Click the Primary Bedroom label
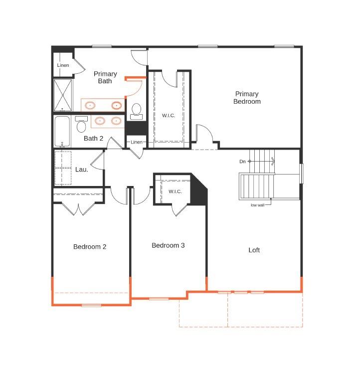(247, 98)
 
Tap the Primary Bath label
(105, 78)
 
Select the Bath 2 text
(94, 139)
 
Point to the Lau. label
(82, 170)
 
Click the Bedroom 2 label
(90, 247)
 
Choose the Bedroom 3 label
(168, 245)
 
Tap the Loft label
(254, 250)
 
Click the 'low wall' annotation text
(258, 205)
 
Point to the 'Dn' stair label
(242, 161)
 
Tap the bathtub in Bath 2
(62, 132)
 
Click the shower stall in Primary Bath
(63, 96)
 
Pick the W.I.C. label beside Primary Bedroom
(169, 116)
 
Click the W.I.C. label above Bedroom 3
(175, 191)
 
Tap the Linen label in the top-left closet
(63, 65)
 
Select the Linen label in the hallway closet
(137, 143)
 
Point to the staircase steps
(257, 185)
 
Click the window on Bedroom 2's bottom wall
(91, 305)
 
